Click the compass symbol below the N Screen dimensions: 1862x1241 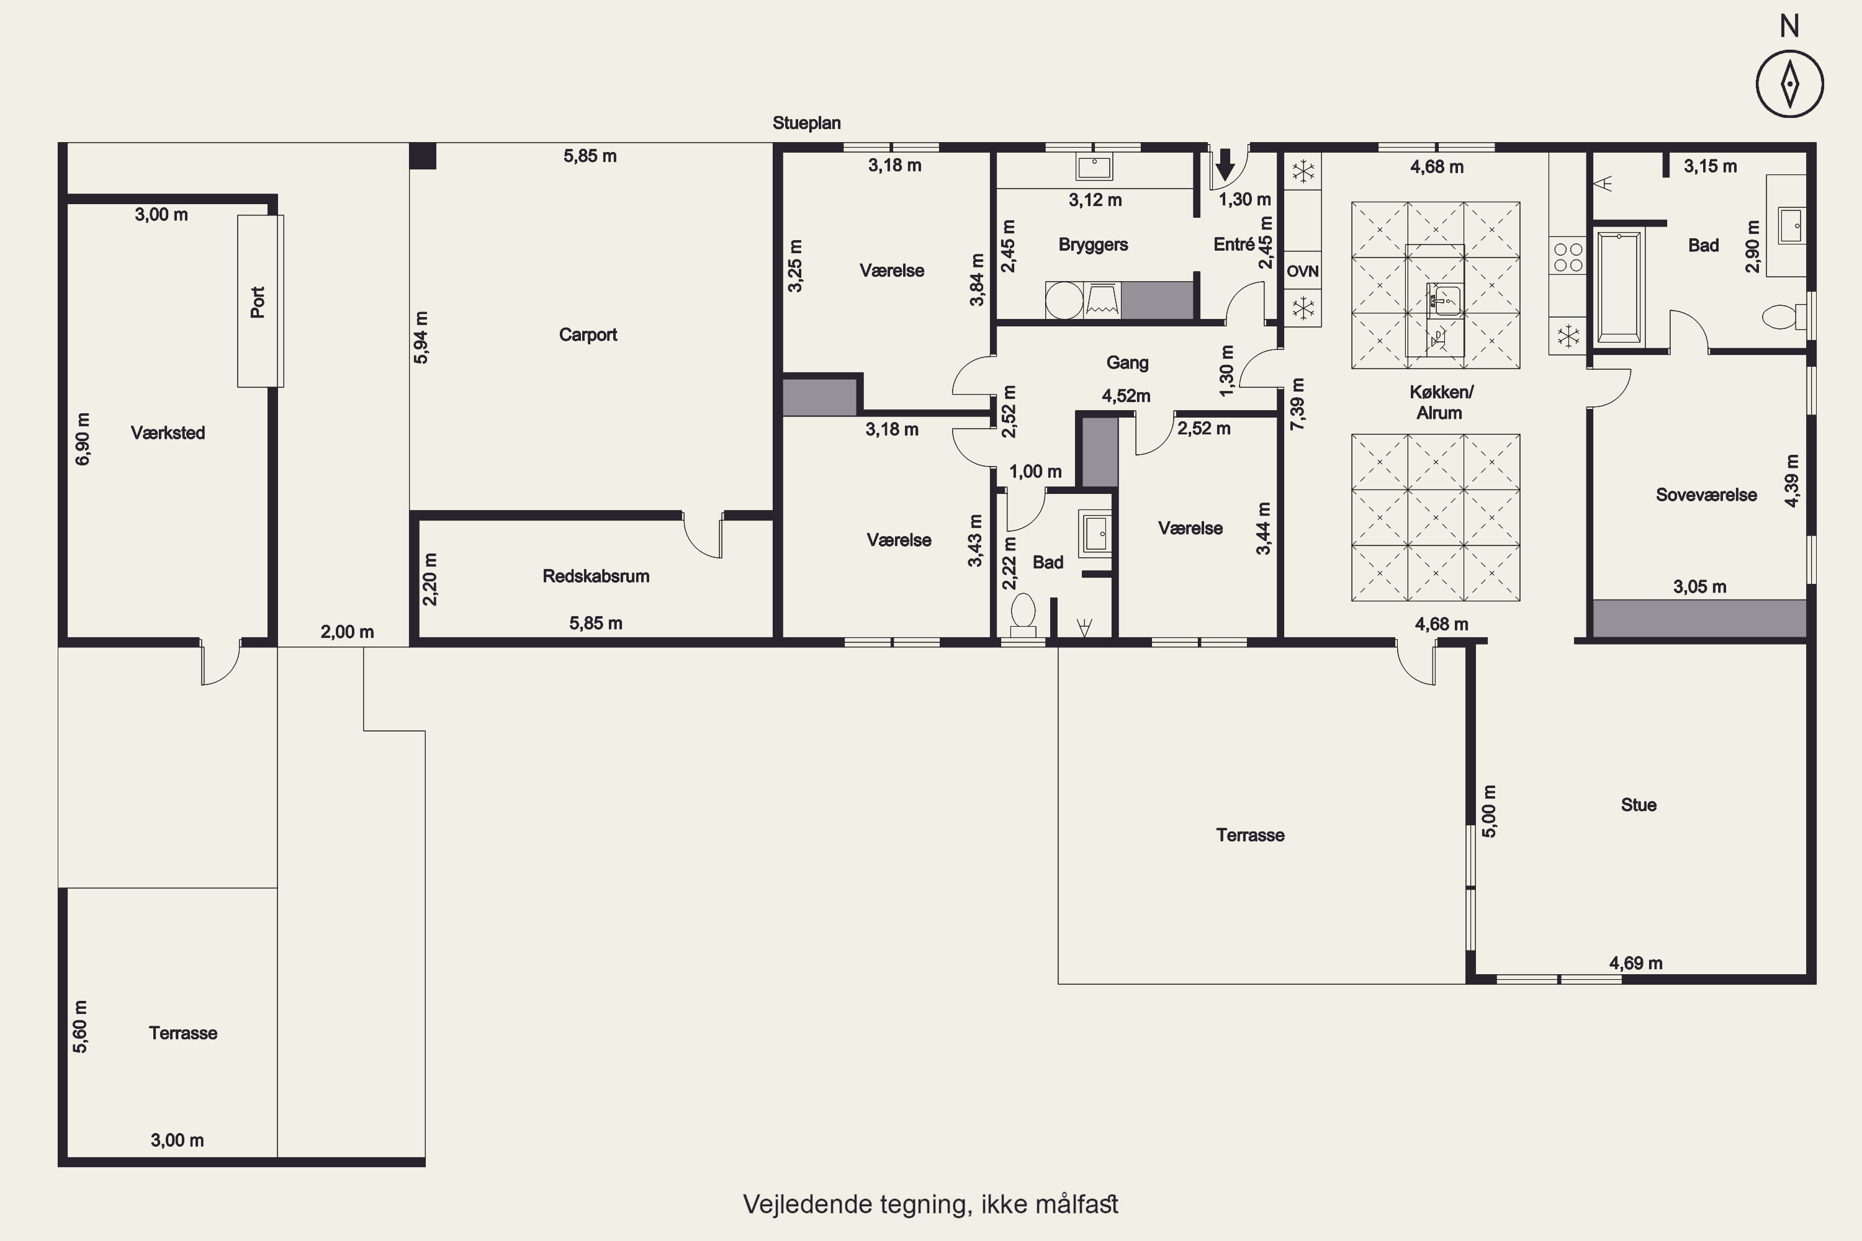point(1790,83)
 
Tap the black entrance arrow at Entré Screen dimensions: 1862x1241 point(1225,164)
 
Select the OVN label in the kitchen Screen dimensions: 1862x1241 point(1302,272)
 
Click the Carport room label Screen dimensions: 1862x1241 point(587,335)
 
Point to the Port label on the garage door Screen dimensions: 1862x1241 point(258,302)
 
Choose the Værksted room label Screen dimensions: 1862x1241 point(168,433)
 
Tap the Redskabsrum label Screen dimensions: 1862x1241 point(596,576)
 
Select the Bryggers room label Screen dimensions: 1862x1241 point(1093,244)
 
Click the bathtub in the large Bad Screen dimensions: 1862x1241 point(1619,287)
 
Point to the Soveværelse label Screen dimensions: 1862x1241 point(1706,495)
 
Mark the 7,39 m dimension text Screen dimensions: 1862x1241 point(1298,404)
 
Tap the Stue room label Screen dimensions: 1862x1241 point(1638,805)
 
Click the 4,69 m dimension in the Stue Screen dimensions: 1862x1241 point(1635,963)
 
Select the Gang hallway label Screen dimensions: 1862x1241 point(1127,363)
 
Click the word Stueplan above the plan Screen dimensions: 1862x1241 point(807,123)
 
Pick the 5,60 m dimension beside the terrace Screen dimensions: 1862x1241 point(80,1026)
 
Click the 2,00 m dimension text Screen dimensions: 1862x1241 point(347,632)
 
